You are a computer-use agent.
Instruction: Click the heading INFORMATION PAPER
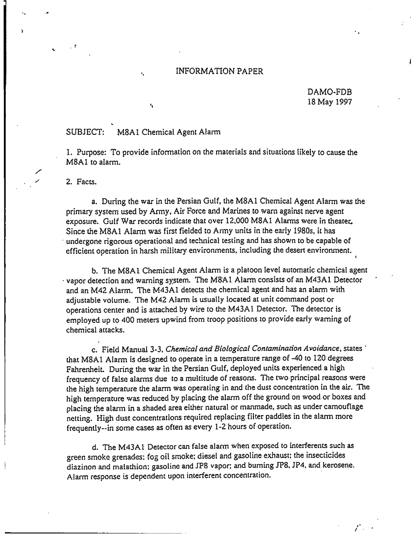pos(219,72)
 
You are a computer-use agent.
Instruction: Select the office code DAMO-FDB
pos(329,92)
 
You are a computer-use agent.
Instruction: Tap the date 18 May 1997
pos(330,102)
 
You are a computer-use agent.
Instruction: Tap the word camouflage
pos(340,407)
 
